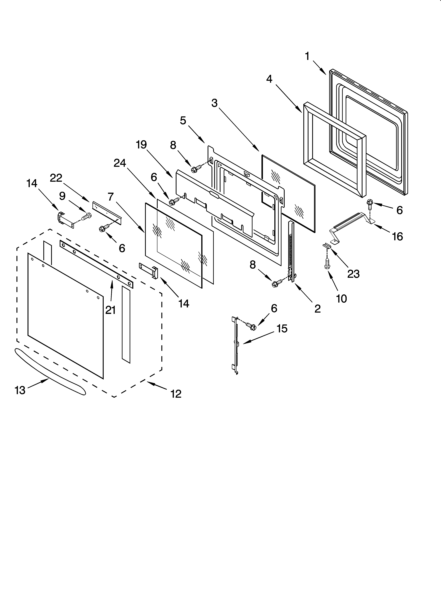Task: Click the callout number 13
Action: [x=20, y=390]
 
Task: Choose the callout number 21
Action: [x=110, y=310]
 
